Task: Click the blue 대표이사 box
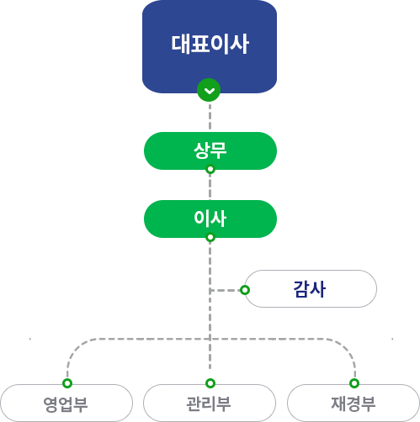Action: coord(210,46)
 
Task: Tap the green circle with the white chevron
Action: coord(209,90)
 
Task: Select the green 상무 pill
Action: coord(210,150)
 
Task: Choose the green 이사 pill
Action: coord(210,219)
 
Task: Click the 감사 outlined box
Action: coord(311,289)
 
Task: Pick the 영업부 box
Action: coord(66,403)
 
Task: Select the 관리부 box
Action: coord(210,403)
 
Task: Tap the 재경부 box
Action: coord(354,403)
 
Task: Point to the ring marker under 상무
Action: coord(210,169)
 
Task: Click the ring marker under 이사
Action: coord(210,237)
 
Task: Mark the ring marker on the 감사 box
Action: coord(245,290)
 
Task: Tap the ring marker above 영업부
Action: coord(67,383)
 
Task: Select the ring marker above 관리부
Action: coord(210,383)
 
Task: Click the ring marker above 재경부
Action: coord(354,383)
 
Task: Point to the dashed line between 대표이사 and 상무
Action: coord(210,117)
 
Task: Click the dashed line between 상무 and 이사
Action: coord(210,187)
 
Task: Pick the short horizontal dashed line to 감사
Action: coord(225,290)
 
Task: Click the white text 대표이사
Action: coord(210,44)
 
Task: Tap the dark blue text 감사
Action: coord(310,289)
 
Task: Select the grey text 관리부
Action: coord(209,404)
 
